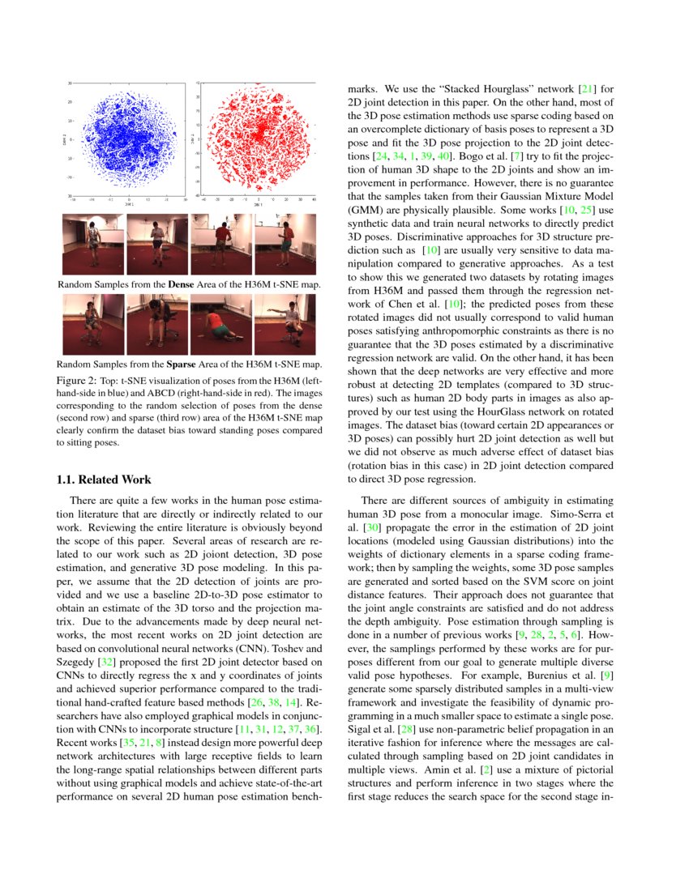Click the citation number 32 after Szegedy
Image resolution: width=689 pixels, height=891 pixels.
104,663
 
